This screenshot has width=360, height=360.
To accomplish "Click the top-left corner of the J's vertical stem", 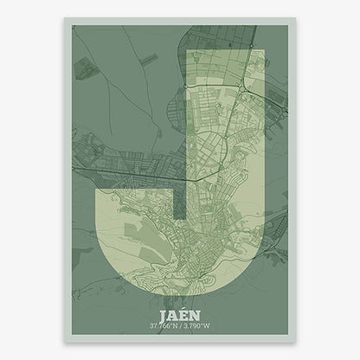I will [x=187, y=51].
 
